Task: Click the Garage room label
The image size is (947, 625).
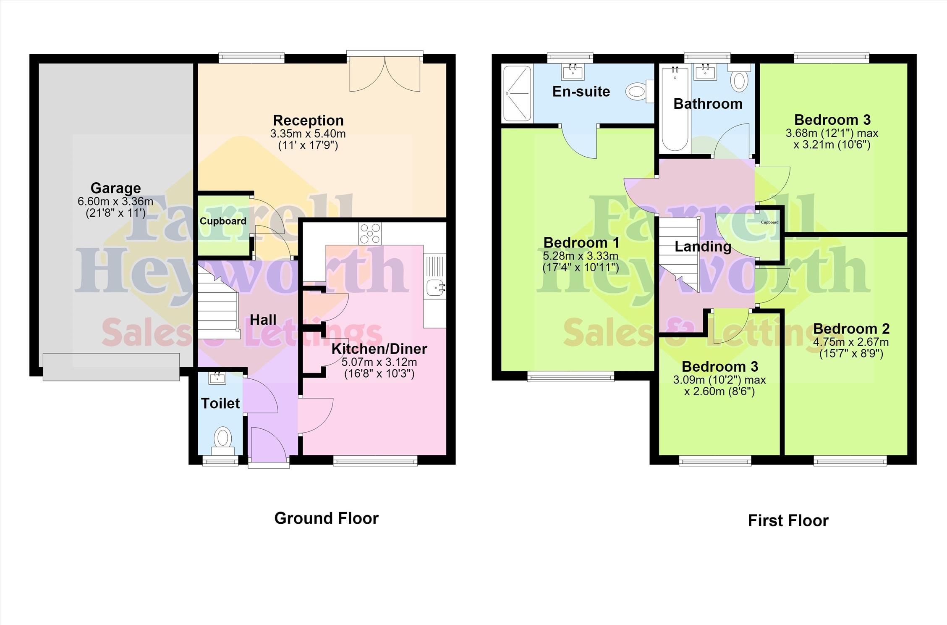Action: (115, 188)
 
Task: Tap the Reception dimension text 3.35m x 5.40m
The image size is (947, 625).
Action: (308, 134)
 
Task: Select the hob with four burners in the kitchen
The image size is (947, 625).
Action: (370, 234)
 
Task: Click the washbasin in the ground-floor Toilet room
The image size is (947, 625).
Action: (217, 378)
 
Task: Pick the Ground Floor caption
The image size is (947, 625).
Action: (327, 518)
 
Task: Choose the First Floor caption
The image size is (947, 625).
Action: (788, 521)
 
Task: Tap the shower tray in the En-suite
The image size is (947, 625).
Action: (517, 93)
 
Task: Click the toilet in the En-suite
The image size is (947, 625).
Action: (640, 91)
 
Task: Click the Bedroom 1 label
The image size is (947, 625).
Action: (581, 243)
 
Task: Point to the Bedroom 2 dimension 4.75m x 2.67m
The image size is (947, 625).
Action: (851, 342)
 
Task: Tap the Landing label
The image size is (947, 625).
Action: (703, 247)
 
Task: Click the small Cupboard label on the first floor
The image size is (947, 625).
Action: (769, 222)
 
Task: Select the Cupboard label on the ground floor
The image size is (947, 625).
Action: (223, 221)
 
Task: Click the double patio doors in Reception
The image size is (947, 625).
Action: (385, 71)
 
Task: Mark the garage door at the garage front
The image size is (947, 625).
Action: (111, 367)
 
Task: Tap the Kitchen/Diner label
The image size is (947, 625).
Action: (379, 349)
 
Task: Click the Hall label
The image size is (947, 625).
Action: (263, 320)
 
